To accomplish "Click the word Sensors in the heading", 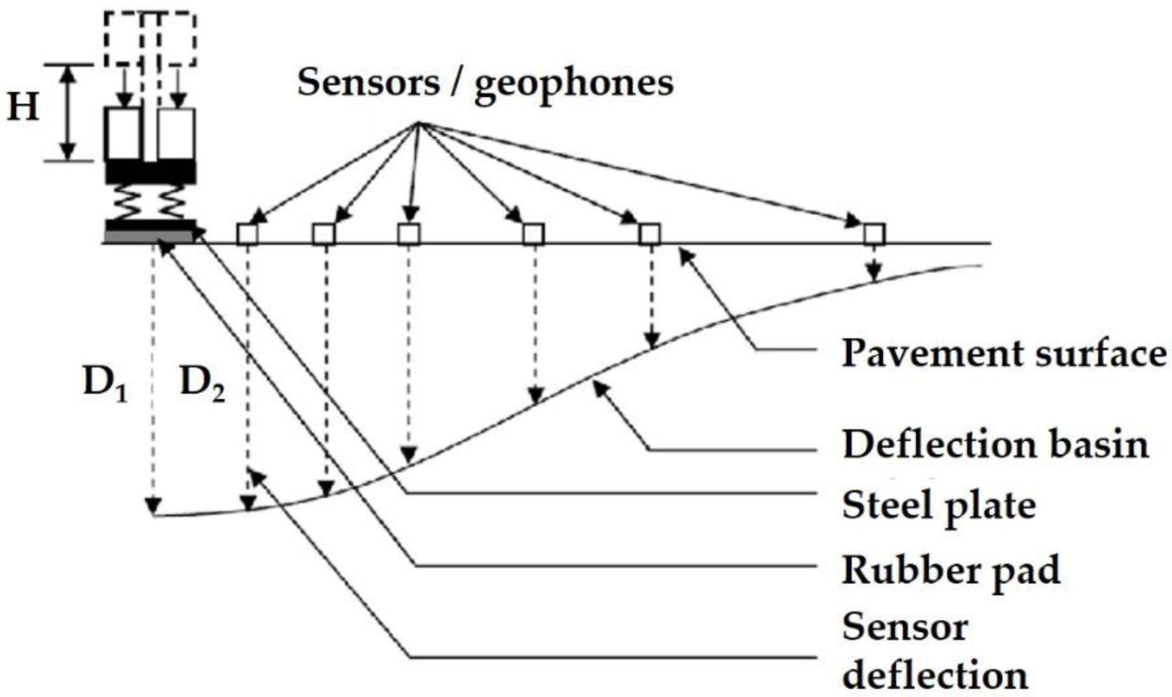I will click(368, 83).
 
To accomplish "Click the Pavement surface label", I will click(1003, 353).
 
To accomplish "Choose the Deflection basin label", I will click(995, 444).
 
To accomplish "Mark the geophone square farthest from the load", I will click(874, 234).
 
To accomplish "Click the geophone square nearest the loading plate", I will click(247, 234).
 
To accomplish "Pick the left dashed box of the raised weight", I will click(123, 38).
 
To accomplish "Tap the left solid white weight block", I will click(123, 134).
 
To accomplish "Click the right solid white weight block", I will click(176, 134).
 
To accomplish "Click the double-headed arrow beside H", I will click(69, 113).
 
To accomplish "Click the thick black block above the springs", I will click(150, 172).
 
